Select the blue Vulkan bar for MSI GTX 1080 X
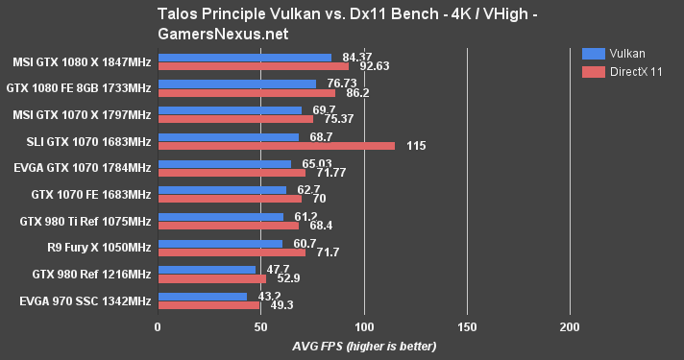244,58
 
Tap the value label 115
416,146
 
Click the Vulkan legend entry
619,54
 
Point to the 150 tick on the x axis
466,328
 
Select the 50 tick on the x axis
260,328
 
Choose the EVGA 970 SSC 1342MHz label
85,300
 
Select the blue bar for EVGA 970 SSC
202,297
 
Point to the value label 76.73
335,84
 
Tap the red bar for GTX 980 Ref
211,279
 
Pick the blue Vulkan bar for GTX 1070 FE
221,190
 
